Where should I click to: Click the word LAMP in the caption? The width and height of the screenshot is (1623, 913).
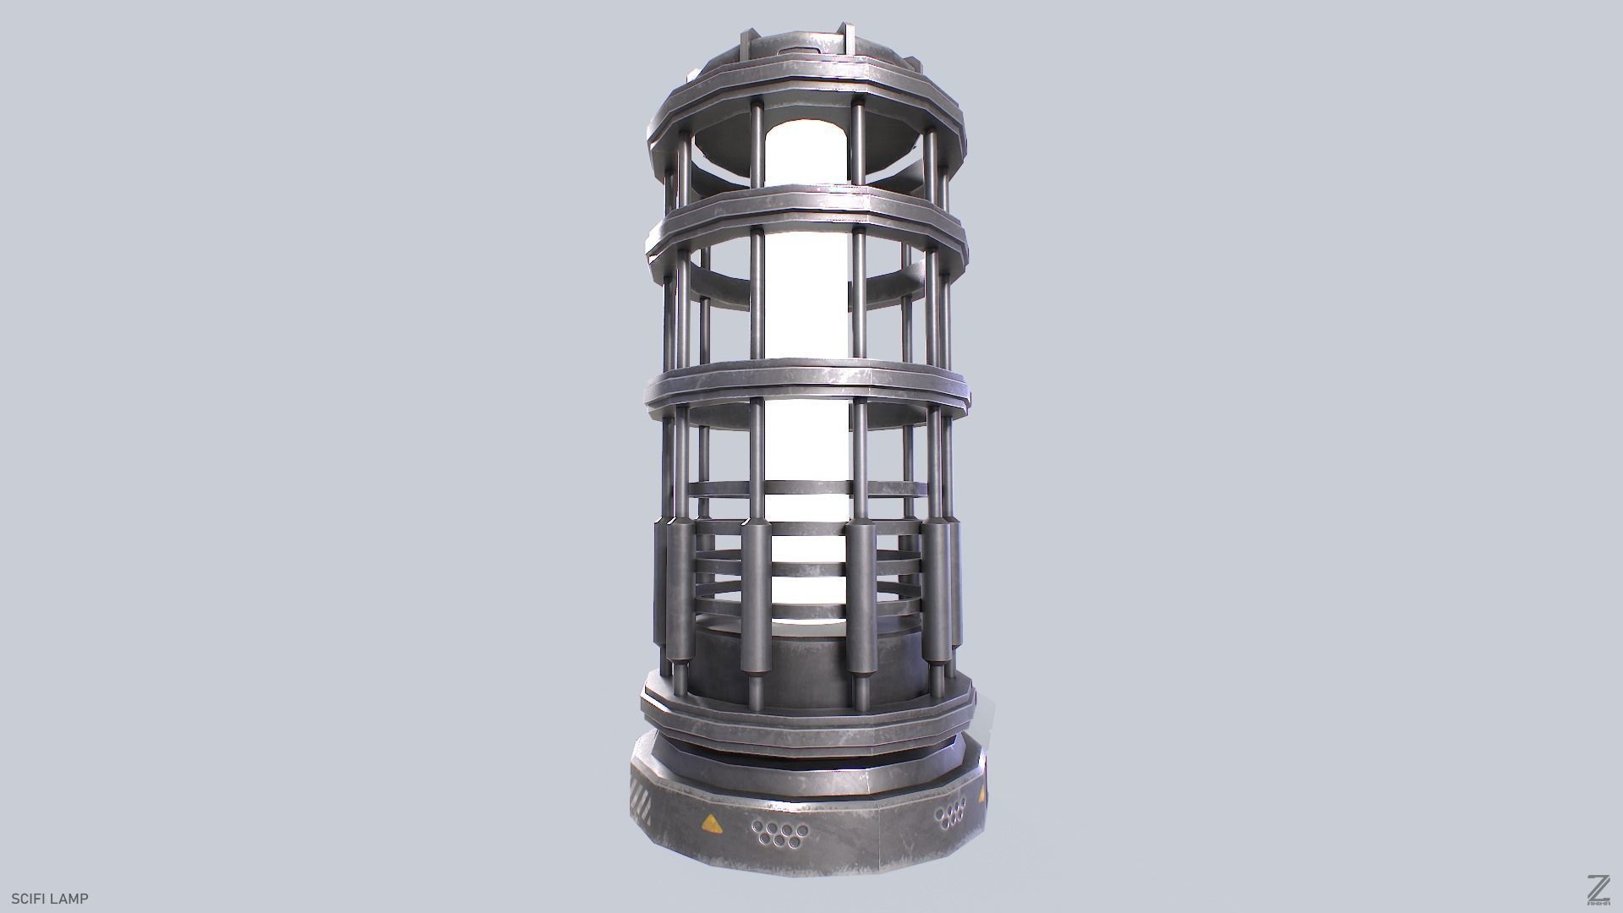pos(70,899)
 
